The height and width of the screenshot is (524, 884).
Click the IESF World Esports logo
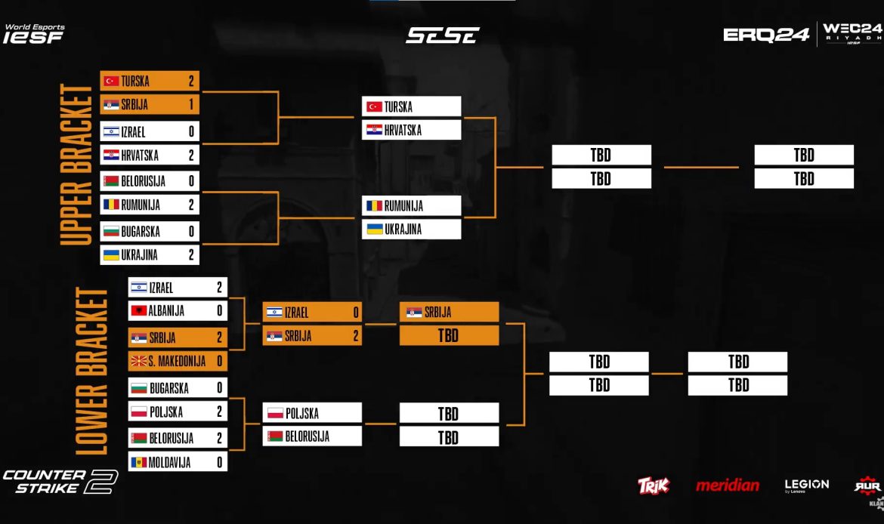34,34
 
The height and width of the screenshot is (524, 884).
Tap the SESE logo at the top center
443,35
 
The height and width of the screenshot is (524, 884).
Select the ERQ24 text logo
766,35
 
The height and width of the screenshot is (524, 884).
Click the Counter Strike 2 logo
60,482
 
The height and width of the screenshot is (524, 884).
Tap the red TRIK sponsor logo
654,485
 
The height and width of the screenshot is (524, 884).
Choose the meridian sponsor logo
727,485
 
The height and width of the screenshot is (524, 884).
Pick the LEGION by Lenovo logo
806,485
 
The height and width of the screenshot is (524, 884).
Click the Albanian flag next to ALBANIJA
138,310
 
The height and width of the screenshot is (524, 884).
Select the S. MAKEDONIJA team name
177,362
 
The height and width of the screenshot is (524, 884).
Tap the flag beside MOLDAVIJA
138,462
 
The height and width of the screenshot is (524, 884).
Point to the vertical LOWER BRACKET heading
93,371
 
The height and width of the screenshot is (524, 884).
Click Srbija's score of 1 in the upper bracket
192,105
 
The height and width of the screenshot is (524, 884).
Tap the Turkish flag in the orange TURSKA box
112,81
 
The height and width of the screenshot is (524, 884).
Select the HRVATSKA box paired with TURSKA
412,130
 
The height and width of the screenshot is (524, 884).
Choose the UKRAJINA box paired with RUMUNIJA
412,229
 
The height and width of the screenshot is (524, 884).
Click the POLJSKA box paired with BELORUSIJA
313,413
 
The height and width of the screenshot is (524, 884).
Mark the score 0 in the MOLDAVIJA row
220,462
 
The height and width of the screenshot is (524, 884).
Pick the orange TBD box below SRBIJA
449,335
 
